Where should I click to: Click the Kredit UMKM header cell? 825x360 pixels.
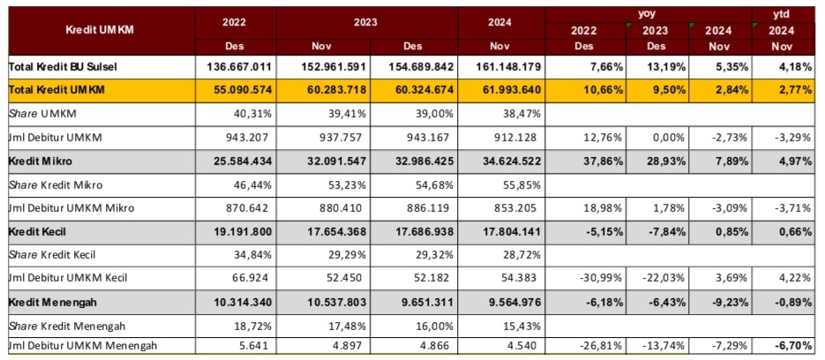(101, 30)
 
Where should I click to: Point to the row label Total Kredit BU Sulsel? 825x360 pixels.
(64, 67)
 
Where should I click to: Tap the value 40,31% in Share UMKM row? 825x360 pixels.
(254, 114)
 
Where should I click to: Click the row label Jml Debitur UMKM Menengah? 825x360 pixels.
(83, 345)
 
